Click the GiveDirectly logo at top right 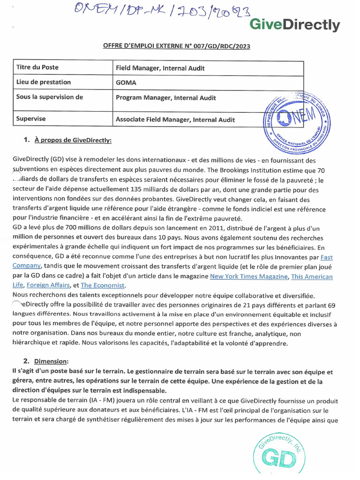[x=294, y=24]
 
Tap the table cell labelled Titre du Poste [x=37, y=67]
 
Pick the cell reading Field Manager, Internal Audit [x=160, y=68]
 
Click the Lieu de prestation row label [x=44, y=82]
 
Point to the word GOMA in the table [x=126, y=82]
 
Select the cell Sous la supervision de [x=50, y=97]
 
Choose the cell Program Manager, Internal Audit [x=166, y=98]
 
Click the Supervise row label [x=31, y=119]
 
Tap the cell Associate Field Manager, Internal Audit [x=175, y=120]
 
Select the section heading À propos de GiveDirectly [x=73, y=140]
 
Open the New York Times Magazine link [x=248, y=277]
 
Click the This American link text [x=312, y=277]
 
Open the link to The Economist [x=103, y=285]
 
